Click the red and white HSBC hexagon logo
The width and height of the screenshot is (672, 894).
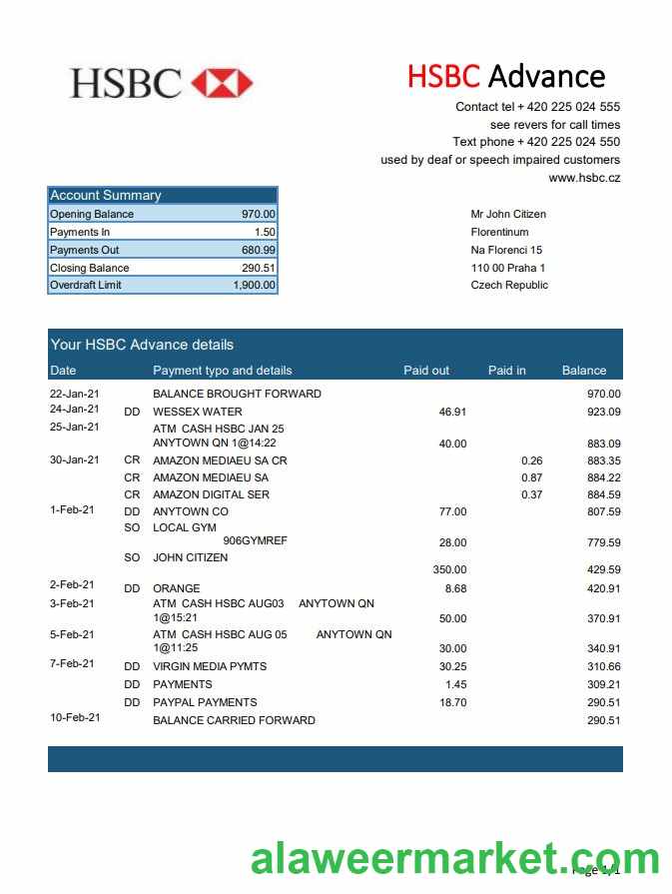pos(222,83)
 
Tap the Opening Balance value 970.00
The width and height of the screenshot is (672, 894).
pos(259,214)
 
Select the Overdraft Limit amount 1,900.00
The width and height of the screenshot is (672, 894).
pos(255,286)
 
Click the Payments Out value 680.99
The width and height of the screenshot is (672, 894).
pos(259,250)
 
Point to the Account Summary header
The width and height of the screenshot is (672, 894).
pos(106,196)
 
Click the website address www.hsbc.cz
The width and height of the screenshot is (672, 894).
pos(584,178)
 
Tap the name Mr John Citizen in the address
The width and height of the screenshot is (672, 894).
pos(508,214)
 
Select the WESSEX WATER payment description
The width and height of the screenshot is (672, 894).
pos(198,412)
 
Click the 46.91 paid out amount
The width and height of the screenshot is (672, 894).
pos(452,412)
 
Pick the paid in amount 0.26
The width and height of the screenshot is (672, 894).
pos(531,460)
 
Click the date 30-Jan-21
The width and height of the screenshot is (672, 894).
pos(75,459)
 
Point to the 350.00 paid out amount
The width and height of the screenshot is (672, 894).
pos(449,569)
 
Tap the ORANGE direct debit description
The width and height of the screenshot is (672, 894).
pos(177,588)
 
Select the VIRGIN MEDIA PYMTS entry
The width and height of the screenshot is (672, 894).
pos(210,666)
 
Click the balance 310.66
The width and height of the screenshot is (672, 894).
pos(603,666)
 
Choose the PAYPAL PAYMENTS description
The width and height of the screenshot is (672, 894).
pos(205,702)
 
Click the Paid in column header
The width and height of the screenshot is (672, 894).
pos(507,371)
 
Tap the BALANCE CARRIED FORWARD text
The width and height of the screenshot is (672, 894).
pos(234,720)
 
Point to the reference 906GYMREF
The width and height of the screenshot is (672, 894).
pos(255,540)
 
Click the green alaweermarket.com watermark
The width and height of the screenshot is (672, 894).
pos(454,859)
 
